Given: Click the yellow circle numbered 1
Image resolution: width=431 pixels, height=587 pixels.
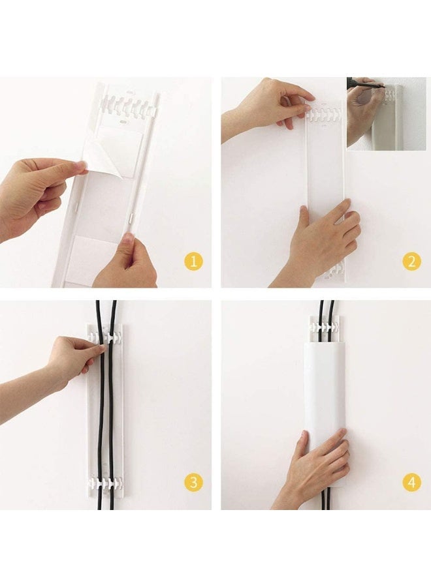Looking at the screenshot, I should point(193,262).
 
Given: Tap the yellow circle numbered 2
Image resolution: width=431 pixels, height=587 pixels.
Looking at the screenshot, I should point(411,262).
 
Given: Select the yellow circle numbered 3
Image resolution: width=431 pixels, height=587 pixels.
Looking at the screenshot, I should point(193,483).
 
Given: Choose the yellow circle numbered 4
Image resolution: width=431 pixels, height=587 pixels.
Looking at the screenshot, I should point(411,483).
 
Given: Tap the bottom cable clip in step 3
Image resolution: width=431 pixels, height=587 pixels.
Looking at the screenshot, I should point(105,486).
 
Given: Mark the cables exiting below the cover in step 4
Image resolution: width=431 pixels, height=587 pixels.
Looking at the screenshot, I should point(325,501).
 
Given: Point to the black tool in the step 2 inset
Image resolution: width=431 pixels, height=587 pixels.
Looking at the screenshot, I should point(366,83).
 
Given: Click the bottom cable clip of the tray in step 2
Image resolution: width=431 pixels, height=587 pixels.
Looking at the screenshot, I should point(334,271).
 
